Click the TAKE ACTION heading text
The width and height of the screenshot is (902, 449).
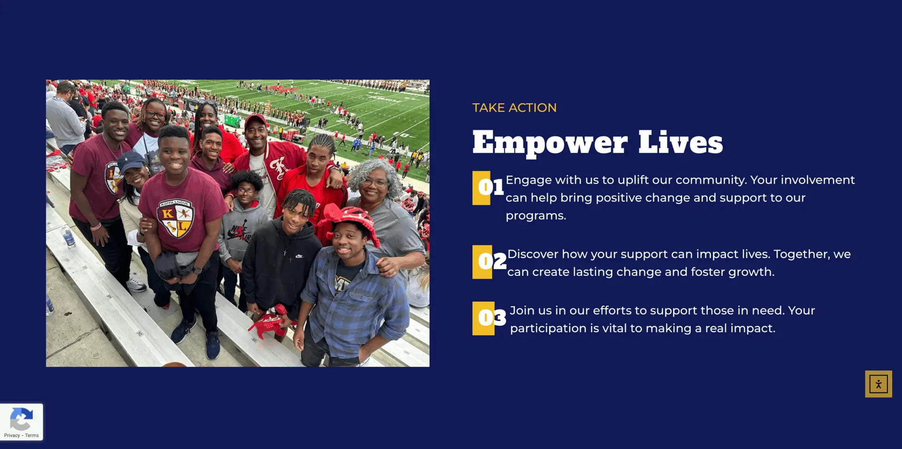click(514, 108)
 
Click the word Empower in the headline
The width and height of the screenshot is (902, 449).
click(550, 143)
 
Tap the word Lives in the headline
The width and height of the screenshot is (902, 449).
click(681, 142)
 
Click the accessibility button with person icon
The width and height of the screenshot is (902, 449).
click(879, 384)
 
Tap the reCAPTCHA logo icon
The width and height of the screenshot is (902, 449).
click(21, 419)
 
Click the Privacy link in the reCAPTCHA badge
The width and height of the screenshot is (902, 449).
click(12, 435)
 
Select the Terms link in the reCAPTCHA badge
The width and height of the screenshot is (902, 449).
click(32, 435)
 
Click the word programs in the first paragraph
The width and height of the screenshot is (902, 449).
click(536, 216)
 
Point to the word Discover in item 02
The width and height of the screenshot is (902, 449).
click(533, 254)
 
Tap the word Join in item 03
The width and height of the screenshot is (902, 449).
click(522, 311)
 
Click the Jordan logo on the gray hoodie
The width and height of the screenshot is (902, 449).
click(239, 231)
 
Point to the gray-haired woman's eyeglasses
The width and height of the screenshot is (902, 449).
click(375, 182)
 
